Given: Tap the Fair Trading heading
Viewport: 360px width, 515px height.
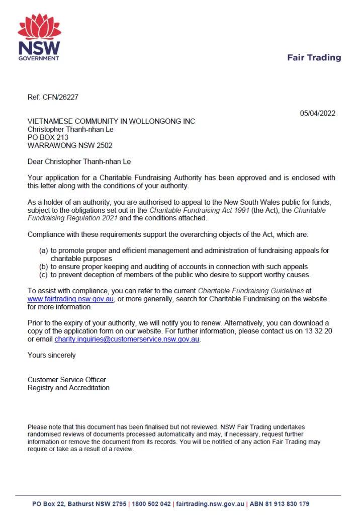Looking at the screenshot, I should pos(314,57).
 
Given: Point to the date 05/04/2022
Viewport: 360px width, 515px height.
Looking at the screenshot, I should pos(318,113).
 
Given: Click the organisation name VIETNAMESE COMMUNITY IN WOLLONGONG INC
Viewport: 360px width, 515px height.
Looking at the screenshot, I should pos(111,121).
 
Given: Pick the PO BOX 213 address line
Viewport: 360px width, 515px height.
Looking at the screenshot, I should pos(48,137).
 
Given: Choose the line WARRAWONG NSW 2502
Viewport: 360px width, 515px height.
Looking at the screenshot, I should pos(70,145).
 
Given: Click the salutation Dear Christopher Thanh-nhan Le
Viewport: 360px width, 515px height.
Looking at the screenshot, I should pos(79,161).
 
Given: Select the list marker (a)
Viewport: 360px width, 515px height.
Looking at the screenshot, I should pos(44,250).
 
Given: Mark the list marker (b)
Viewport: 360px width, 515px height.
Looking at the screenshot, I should pos(44,267).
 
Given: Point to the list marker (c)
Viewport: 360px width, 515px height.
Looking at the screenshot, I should pos(44,275).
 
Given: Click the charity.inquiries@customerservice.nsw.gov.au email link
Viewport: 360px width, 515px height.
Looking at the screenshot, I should pos(127,339).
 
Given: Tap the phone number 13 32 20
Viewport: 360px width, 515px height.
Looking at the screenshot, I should pos(316,331).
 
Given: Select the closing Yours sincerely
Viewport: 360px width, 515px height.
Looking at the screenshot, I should pos(52,355).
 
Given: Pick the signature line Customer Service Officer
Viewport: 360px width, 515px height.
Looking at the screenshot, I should pos(67,380).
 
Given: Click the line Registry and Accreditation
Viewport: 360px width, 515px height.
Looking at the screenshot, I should pos(68,388).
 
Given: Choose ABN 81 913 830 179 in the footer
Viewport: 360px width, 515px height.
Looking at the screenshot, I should pos(280,503).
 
